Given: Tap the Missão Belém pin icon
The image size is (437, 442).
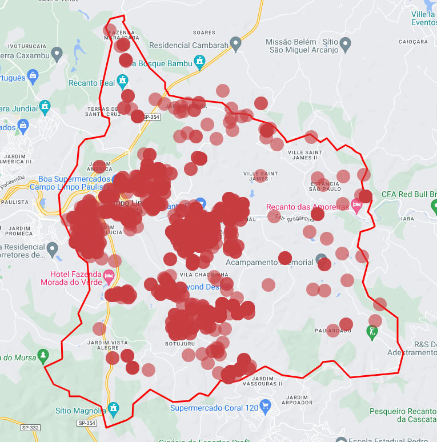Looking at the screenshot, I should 345,44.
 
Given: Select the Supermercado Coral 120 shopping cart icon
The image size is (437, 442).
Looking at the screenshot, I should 265,407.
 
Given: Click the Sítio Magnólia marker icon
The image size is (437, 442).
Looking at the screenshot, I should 114,408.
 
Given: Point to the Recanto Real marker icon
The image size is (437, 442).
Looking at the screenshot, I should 123,81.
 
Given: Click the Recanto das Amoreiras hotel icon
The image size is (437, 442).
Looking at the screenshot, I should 357,205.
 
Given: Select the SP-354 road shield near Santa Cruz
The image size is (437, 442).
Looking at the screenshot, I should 152,117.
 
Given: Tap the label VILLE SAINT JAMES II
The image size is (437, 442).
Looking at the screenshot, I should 305,155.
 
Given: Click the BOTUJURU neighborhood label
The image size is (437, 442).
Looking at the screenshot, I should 181,344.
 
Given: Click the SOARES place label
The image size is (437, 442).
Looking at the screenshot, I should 205,33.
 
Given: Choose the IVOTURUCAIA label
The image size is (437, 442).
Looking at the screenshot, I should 27,45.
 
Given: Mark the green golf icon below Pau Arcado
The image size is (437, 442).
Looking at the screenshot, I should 372,332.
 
